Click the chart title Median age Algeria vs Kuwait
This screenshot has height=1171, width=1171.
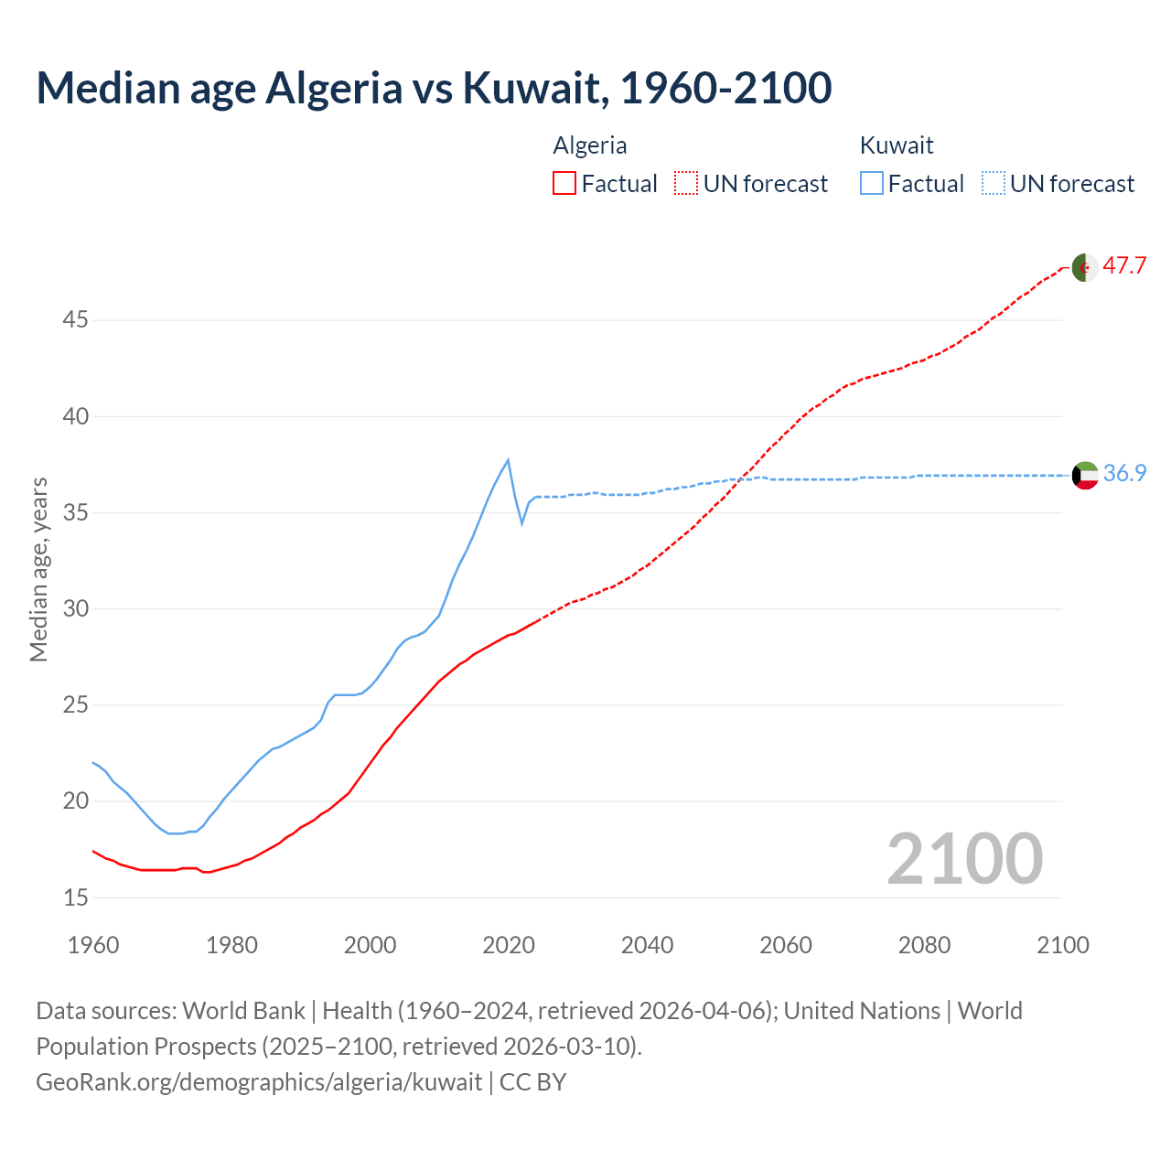click(434, 88)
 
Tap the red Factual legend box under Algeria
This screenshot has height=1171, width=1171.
click(564, 184)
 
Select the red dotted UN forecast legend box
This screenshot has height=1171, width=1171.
click(686, 184)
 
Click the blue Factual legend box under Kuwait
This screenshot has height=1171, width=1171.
click(872, 184)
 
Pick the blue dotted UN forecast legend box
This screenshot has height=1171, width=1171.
click(994, 184)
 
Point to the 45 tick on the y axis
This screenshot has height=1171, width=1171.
click(76, 320)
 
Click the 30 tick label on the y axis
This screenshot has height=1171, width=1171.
click(76, 609)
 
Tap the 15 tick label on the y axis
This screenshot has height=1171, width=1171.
click(76, 897)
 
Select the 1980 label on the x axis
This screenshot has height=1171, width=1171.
click(231, 945)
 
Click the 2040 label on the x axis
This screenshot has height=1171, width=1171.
click(647, 945)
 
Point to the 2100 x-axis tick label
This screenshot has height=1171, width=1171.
click(1062, 945)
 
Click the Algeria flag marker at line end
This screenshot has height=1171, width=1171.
click(1085, 267)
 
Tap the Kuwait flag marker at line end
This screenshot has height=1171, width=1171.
click(1085, 476)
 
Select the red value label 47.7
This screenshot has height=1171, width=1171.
click(1124, 266)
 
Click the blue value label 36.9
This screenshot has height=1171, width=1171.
click(1124, 473)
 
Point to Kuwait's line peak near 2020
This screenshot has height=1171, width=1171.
click(508, 459)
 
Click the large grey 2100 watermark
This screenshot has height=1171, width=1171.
click(964, 858)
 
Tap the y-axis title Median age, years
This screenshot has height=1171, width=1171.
click(38, 569)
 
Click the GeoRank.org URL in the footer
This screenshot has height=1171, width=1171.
click(259, 1082)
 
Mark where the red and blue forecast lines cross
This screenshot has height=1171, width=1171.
click(740, 478)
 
